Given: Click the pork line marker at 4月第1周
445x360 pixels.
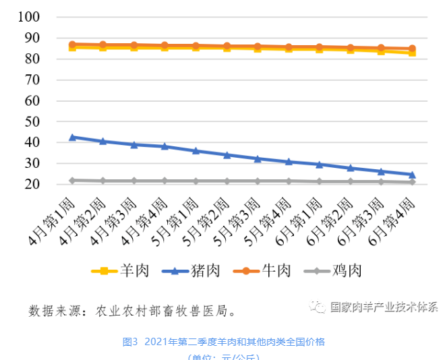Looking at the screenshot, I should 72,137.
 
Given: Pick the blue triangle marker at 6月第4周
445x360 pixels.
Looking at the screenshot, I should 411,175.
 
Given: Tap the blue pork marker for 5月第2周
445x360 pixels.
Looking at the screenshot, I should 227,155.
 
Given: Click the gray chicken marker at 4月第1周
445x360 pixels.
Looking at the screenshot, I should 72,180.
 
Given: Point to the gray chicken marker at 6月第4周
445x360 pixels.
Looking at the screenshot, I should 411,182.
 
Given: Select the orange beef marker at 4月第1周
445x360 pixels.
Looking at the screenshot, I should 72,44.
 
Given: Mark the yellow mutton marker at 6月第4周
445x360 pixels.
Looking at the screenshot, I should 411,52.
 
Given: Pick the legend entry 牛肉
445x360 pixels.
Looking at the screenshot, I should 263,271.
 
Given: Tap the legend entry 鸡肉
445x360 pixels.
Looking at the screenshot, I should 333,271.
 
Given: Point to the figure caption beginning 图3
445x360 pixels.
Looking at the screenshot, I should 223,342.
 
